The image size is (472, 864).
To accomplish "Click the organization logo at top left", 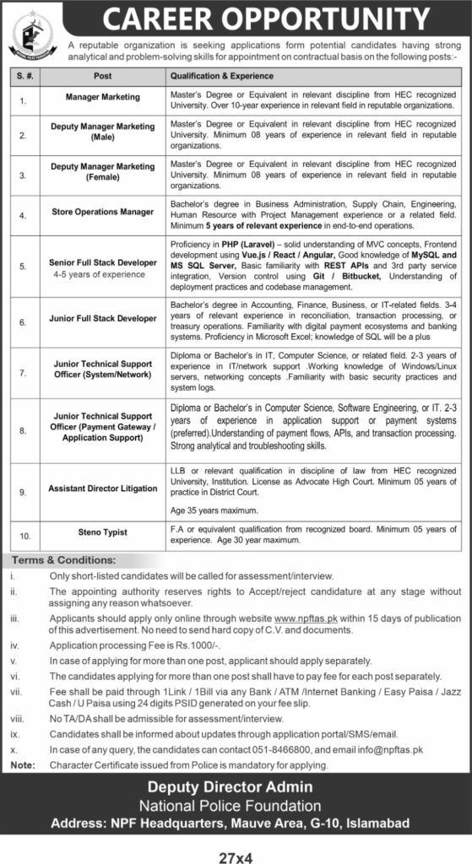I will click(x=33, y=36).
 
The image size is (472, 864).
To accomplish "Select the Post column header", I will click(x=102, y=76).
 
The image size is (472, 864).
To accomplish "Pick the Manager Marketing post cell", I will click(x=102, y=98).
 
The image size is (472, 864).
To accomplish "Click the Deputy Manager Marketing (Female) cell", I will click(x=102, y=172).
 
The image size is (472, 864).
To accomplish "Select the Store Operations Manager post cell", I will click(x=102, y=212).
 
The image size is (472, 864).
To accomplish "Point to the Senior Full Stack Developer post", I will click(x=102, y=262).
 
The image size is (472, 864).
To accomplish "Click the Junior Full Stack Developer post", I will click(x=102, y=318).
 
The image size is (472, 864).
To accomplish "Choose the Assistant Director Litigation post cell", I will click(x=102, y=489).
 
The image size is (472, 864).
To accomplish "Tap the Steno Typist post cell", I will click(x=102, y=533).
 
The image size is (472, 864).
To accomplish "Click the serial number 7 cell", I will click(x=24, y=369).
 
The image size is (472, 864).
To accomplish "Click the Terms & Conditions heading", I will click(x=64, y=559).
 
